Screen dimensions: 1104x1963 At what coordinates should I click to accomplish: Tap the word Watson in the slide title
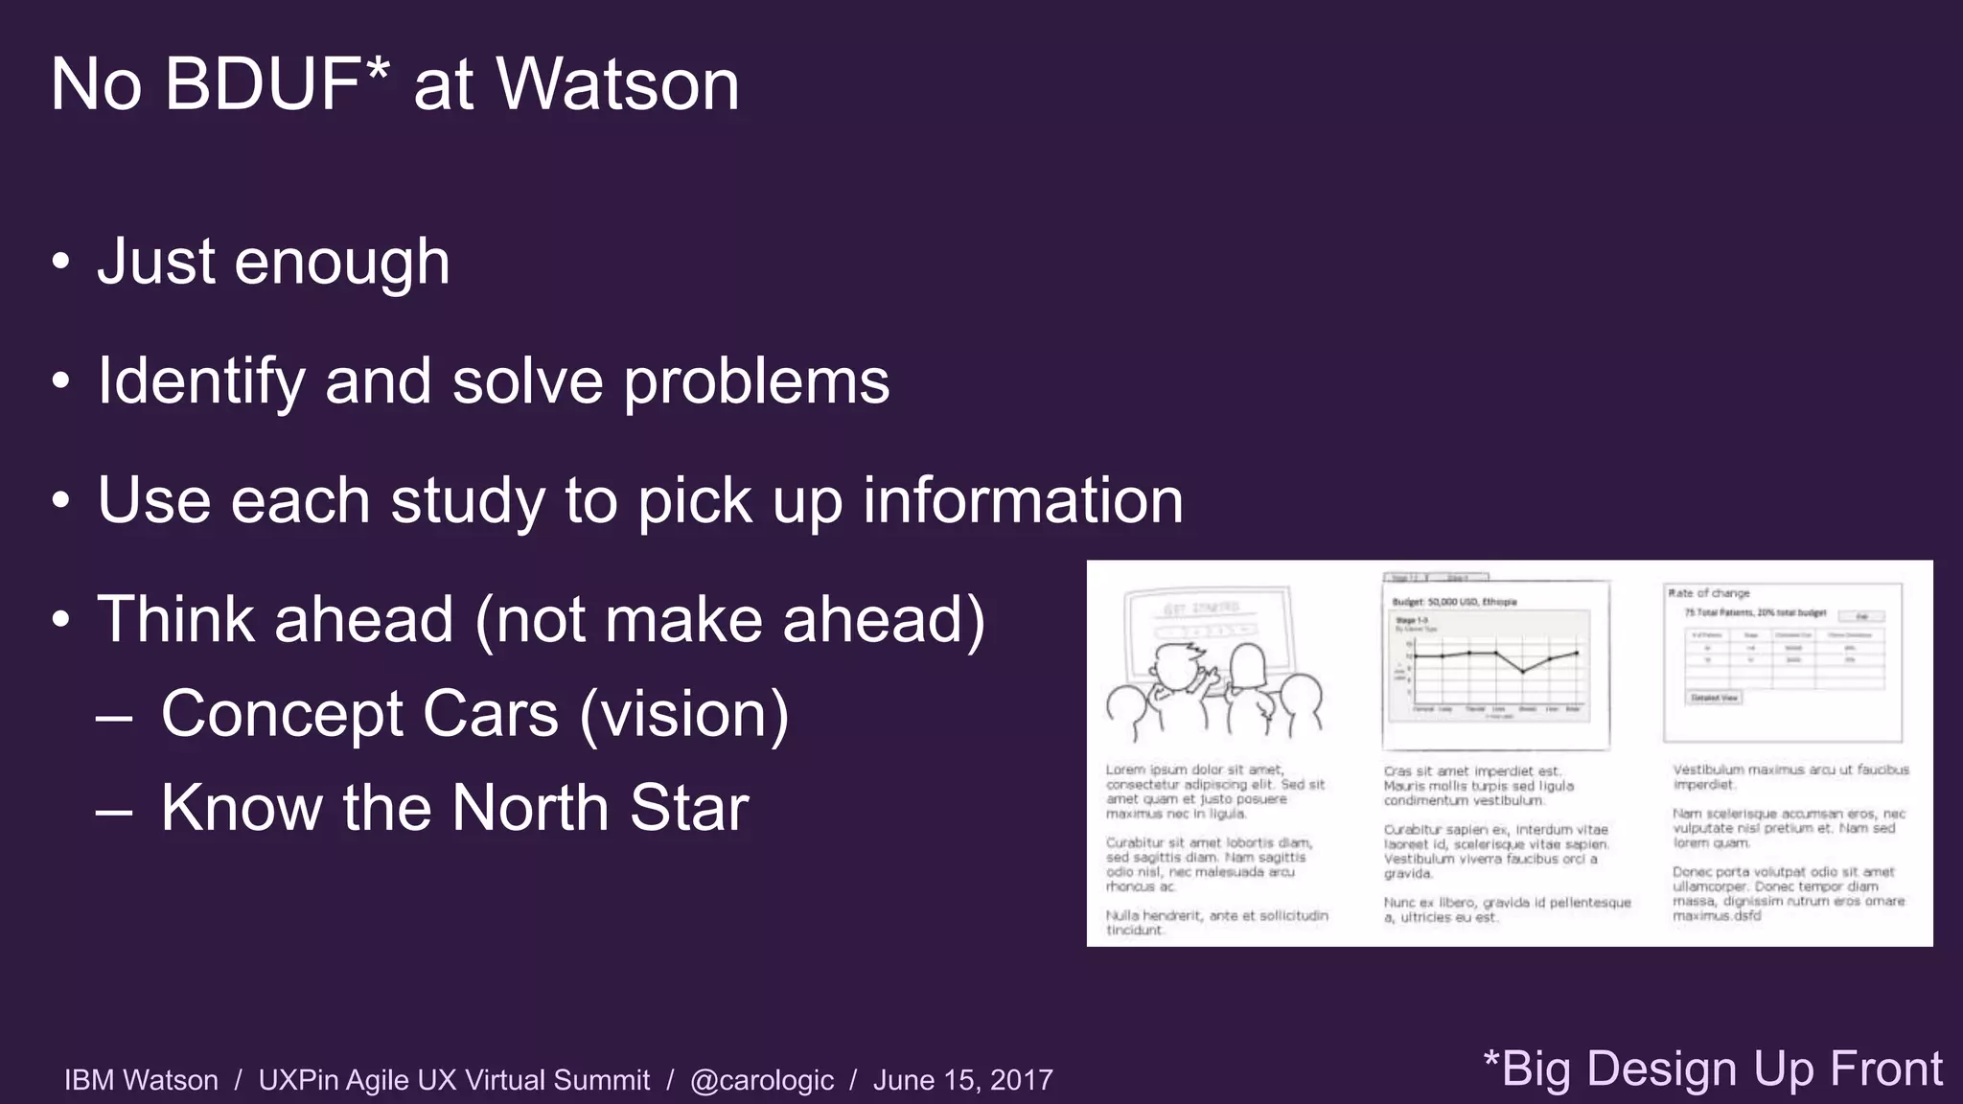click(x=617, y=84)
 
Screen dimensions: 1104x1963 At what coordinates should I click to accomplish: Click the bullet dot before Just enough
click(x=61, y=262)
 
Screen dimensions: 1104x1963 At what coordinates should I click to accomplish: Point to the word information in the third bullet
click(x=1023, y=500)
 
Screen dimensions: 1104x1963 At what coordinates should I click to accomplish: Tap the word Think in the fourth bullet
click(x=177, y=619)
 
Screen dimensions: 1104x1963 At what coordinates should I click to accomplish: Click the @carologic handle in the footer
click(x=762, y=1080)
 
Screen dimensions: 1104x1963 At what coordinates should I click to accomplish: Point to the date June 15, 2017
click(x=962, y=1080)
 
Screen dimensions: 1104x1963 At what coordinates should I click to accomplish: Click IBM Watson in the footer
click(x=141, y=1080)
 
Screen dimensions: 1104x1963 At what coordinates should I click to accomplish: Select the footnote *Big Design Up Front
click(x=1712, y=1069)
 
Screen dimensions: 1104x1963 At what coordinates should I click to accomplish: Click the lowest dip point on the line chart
click(x=1522, y=672)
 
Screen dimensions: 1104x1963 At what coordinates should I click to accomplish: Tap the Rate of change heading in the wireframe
click(x=1709, y=593)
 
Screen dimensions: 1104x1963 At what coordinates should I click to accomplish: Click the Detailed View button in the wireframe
click(x=1714, y=698)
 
